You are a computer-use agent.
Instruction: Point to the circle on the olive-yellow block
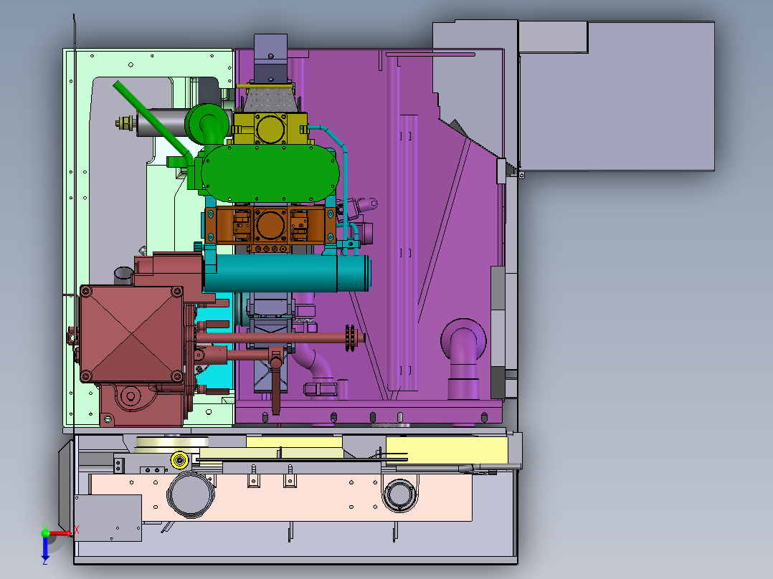272,128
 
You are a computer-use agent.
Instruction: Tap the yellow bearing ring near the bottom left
179,460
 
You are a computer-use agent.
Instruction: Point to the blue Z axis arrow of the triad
44,548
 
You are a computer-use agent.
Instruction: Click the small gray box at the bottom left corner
108,518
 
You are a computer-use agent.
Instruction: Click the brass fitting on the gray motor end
126,124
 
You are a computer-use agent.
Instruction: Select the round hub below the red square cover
130,396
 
